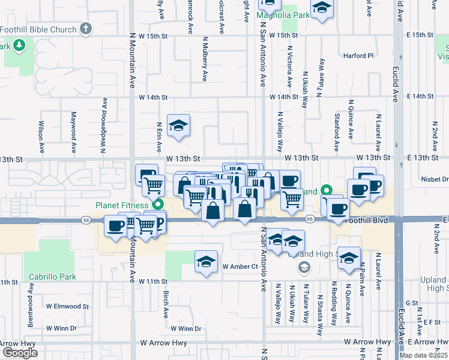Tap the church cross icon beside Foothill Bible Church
[86, 28]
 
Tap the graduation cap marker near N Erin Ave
[178, 126]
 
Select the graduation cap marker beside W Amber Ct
[205, 262]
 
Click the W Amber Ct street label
[240, 266]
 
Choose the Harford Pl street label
[358, 56]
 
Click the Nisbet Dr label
[435, 179]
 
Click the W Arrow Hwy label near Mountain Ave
[161, 343]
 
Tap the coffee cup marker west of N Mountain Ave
[115, 226]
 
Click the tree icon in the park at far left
[19, 44]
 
